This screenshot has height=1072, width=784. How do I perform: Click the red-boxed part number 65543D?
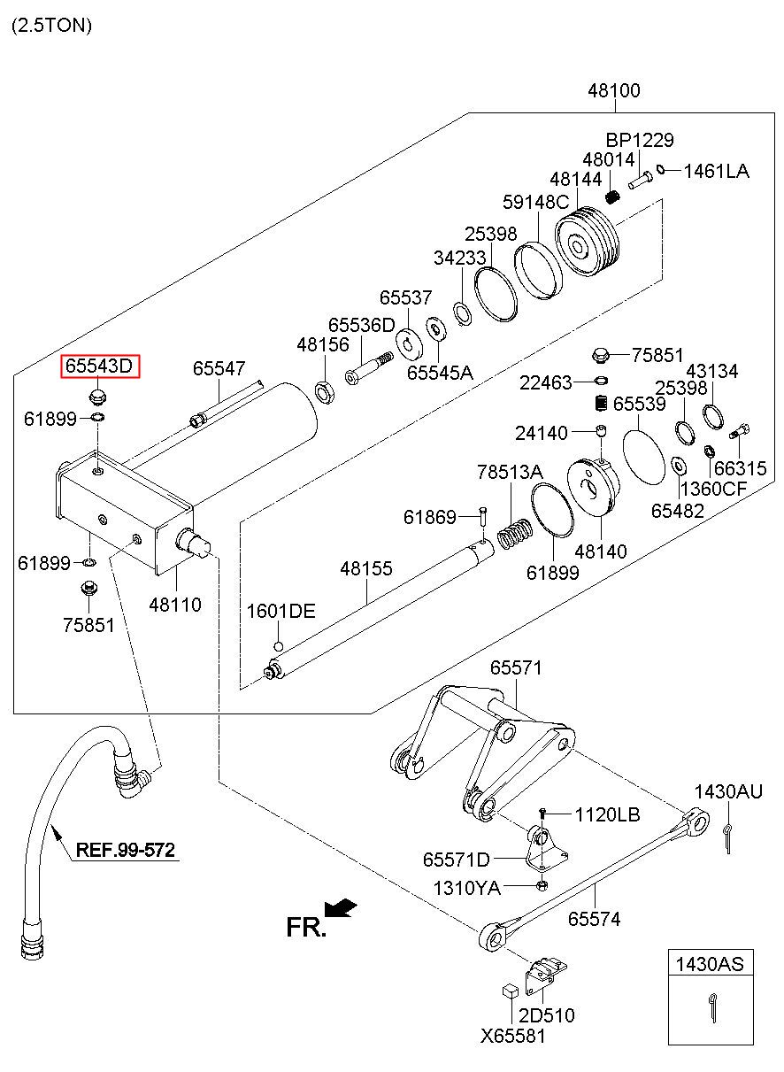100,366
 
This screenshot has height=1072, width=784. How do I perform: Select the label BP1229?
639,140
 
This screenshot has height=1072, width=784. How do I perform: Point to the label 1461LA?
716,171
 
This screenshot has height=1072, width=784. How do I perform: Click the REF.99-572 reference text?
125,851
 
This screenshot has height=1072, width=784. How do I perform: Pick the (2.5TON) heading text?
51,25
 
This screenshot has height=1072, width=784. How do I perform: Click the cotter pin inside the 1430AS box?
713,1006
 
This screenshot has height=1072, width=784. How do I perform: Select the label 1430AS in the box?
711,964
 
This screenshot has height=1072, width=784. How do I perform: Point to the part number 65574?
594,919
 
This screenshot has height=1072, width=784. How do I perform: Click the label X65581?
513,1036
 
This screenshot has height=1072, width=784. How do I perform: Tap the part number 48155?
365,568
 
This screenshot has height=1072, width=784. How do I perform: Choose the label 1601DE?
281,612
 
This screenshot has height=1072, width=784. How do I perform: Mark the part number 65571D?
456,860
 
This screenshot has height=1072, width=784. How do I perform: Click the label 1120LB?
607,814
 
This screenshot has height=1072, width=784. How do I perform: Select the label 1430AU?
727,791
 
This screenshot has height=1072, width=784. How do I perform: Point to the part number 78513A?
510,472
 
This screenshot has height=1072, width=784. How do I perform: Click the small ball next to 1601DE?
279,645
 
